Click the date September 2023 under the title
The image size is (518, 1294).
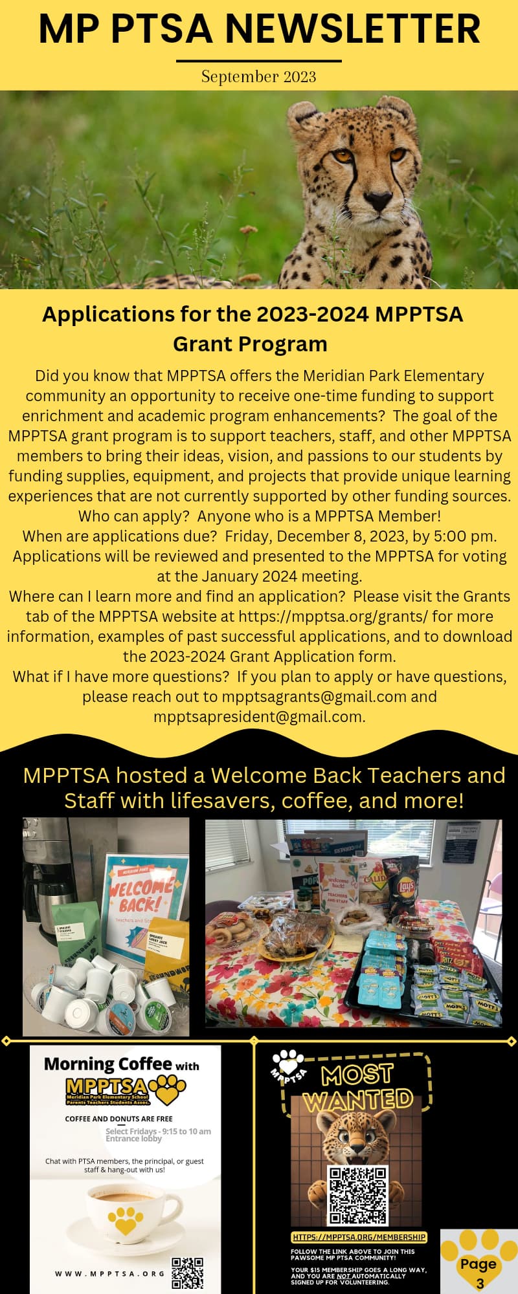[x=258, y=76]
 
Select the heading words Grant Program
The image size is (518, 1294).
[x=250, y=344]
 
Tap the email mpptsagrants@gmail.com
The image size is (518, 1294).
[x=314, y=696]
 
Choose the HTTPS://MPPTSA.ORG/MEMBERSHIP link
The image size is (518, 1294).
[x=359, y=1237]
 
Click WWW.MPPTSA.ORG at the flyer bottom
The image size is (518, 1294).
[x=109, y=1273]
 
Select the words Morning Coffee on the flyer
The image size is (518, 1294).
[x=107, y=1064]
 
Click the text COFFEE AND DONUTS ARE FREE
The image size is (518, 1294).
[x=118, y=1118]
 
